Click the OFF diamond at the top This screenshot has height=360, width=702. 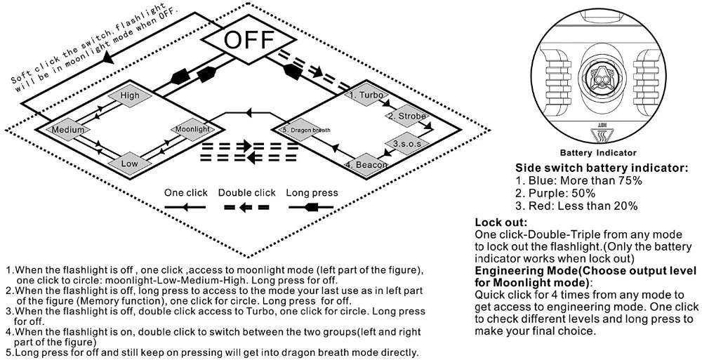pyautogui.click(x=249, y=39)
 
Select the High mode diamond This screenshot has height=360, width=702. pyautogui.click(x=130, y=95)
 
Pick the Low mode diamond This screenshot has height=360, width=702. pyautogui.click(x=129, y=164)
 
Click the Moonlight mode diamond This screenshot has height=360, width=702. pyautogui.click(x=192, y=129)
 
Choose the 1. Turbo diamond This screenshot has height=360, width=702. pyautogui.click(x=366, y=95)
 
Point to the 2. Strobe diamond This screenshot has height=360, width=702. pyautogui.click(x=407, y=116)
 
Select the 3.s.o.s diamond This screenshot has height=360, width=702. pyautogui.click(x=406, y=144)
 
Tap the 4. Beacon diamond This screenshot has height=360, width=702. pyautogui.click(x=366, y=164)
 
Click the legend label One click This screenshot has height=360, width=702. pyautogui.click(x=186, y=193)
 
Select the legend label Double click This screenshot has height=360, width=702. pyautogui.click(x=246, y=193)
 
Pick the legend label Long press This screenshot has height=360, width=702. pyautogui.click(x=312, y=193)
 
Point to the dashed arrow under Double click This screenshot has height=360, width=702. pyautogui.click(x=246, y=207)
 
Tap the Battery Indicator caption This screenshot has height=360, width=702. pyautogui.click(x=597, y=153)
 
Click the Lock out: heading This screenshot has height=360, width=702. pyautogui.click(x=501, y=222)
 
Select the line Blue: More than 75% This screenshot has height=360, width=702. pyautogui.click(x=578, y=181)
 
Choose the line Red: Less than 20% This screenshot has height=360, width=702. pyautogui.click(x=576, y=206)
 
